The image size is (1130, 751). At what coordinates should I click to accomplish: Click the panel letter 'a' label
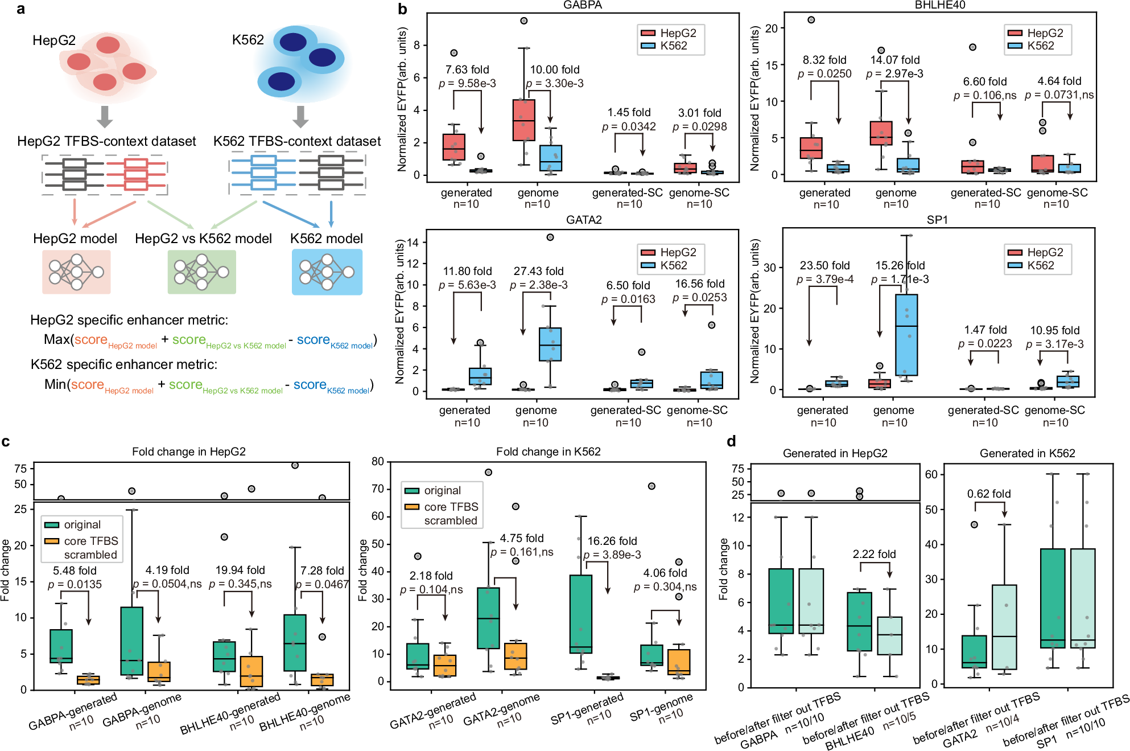click(x=20, y=9)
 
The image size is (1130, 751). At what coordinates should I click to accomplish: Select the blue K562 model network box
click(x=327, y=272)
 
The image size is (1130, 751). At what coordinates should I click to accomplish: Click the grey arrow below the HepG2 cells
click(x=104, y=116)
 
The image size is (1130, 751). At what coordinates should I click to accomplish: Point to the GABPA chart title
click(x=582, y=5)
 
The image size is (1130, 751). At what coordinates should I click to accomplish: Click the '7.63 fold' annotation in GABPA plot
click(x=467, y=69)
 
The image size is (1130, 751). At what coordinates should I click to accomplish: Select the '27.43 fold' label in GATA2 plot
click(x=538, y=271)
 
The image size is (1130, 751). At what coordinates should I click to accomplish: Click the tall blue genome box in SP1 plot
click(x=906, y=335)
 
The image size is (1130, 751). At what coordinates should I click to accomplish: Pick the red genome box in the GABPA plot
click(x=523, y=120)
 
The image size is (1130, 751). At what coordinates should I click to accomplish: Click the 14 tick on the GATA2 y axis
click(x=413, y=243)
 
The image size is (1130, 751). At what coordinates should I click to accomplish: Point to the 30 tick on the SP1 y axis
click(x=770, y=268)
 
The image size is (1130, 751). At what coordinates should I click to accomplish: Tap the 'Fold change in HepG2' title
click(x=188, y=452)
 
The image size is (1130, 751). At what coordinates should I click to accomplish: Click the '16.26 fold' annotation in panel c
click(x=612, y=541)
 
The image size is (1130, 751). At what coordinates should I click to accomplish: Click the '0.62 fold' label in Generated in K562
click(x=988, y=494)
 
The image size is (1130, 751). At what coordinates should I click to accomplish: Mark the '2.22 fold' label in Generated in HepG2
click(x=874, y=554)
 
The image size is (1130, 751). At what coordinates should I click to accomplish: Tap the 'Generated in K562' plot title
click(x=1027, y=453)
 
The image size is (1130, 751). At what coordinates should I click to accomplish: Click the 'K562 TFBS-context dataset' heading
click(x=296, y=141)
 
